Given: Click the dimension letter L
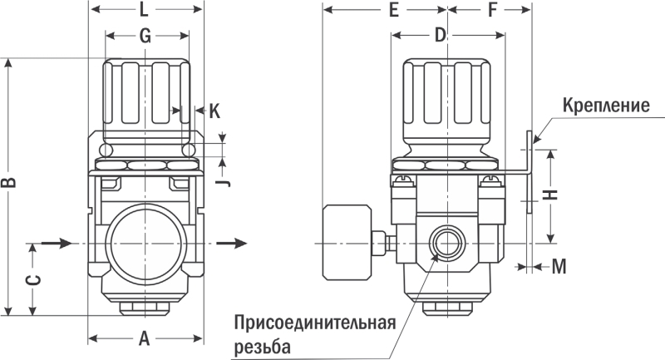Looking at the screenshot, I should (144, 11).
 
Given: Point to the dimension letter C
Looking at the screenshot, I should (32, 280).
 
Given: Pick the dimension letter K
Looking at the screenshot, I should (214, 110).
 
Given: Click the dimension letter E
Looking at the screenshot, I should (393, 11).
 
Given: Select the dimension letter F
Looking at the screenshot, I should (491, 11).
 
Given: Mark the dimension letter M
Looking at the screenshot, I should (559, 267).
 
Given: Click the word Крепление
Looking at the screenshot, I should (605, 106).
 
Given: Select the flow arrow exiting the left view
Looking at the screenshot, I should (232, 243).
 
